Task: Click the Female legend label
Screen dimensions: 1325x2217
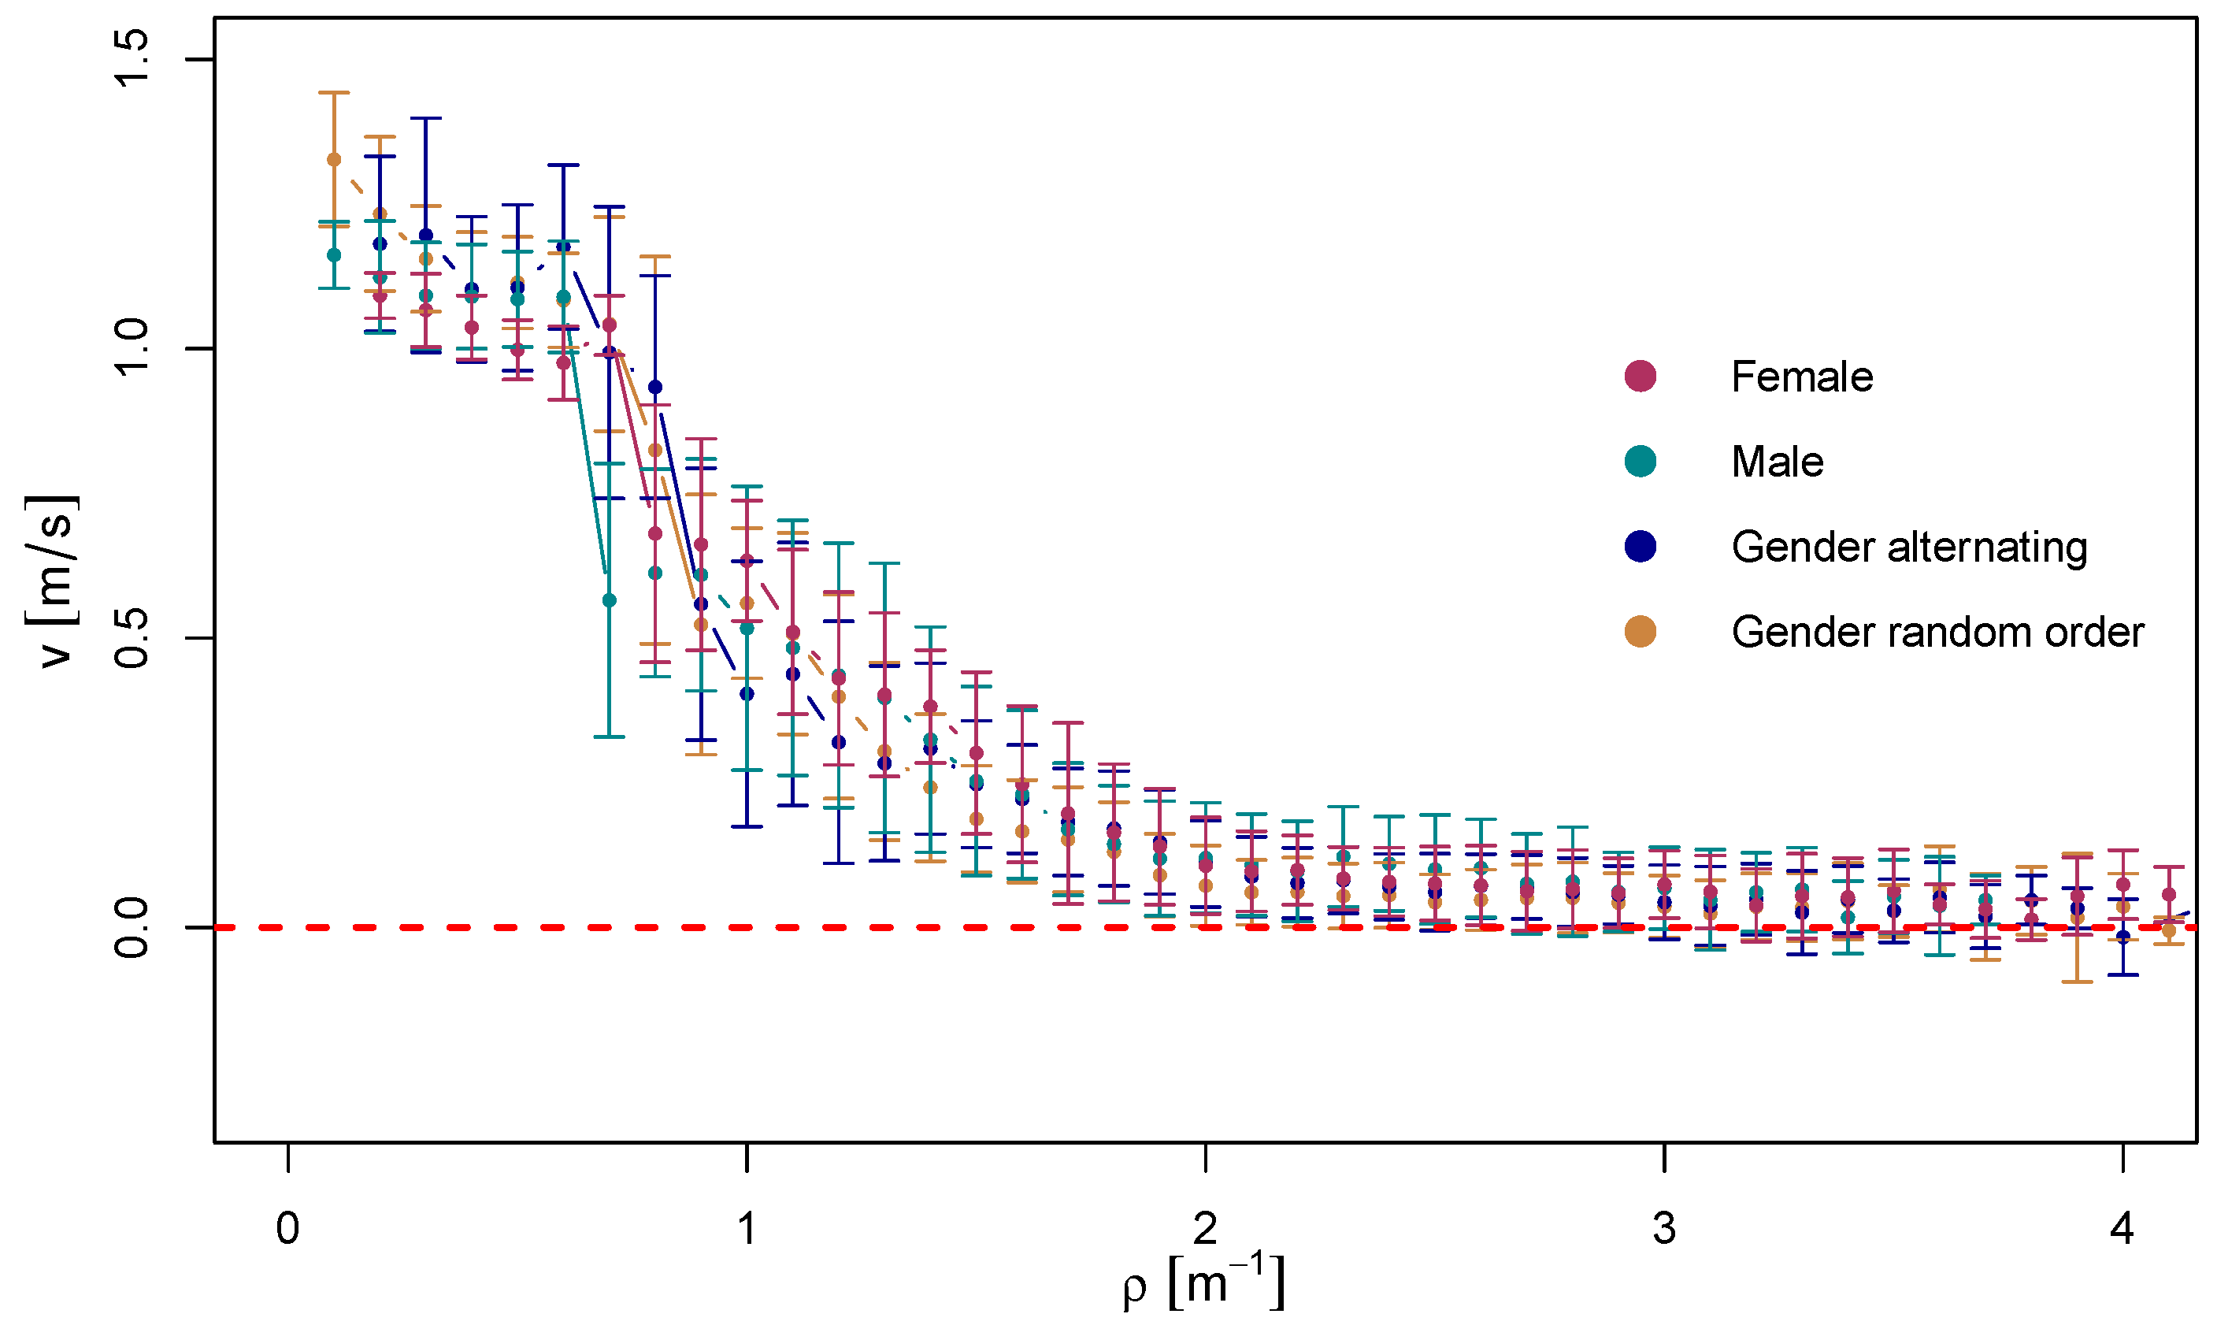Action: pos(1801,377)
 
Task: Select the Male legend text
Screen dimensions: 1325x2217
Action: pos(1777,462)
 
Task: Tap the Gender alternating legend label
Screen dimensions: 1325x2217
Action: pos(1909,547)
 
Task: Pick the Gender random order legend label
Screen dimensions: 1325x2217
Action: pos(1937,632)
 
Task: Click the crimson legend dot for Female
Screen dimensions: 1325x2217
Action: pos(1641,376)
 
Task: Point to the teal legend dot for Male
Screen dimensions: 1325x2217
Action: pos(1641,462)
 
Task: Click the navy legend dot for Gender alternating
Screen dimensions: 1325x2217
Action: pos(1641,547)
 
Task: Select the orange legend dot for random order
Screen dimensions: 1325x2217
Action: pos(1641,632)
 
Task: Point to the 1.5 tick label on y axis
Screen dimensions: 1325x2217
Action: pos(132,59)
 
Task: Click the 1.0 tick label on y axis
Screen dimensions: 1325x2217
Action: pos(132,348)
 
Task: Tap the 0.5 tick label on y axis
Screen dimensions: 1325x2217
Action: pos(132,638)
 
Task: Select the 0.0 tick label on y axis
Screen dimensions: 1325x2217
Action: pos(132,928)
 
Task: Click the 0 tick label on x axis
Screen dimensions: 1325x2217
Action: pos(287,1229)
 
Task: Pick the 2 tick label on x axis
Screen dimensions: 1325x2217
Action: pos(1205,1229)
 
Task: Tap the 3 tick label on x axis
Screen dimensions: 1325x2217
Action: pos(1663,1229)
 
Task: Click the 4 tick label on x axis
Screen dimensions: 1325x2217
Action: pos(2122,1229)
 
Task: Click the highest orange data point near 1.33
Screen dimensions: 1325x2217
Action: pos(334,160)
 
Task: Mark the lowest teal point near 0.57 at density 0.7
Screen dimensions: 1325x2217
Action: pos(609,600)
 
